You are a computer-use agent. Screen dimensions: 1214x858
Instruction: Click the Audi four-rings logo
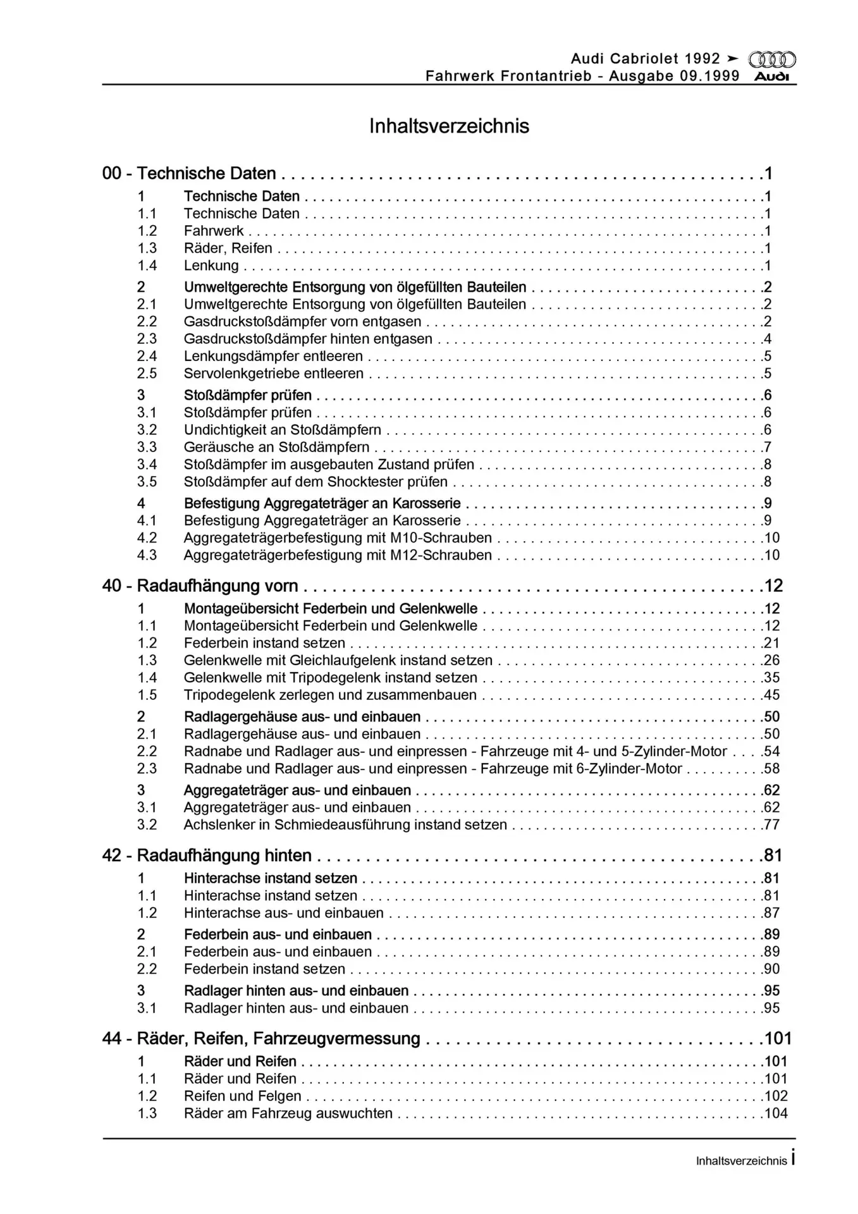click(772, 59)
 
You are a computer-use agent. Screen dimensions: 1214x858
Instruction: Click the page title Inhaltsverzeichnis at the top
click(449, 126)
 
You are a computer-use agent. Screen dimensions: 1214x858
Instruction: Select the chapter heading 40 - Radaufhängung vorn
click(200, 586)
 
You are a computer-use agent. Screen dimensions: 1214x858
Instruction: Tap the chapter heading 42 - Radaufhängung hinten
click(207, 855)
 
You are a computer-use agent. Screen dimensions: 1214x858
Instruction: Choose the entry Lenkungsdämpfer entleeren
click(273, 356)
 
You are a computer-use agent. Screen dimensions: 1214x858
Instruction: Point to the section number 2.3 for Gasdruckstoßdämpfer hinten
click(147, 339)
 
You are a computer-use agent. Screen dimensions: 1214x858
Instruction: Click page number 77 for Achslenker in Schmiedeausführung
click(771, 825)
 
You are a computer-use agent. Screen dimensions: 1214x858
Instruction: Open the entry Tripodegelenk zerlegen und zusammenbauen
click(330, 695)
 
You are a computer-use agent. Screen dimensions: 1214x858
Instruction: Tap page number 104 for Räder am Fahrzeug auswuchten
click(776, 1113)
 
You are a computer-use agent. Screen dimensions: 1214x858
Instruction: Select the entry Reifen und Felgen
click(242, 1096)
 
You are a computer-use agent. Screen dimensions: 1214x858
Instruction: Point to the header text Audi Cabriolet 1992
click(645, 59)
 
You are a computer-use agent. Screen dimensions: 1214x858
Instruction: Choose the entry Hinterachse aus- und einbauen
click(283, 913)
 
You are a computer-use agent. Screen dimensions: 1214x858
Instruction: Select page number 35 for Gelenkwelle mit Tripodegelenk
click(771, 678)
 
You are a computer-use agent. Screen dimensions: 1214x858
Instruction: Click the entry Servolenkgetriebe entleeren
click(273, 374)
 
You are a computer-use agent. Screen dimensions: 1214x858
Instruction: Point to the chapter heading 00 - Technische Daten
click(189, 173)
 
